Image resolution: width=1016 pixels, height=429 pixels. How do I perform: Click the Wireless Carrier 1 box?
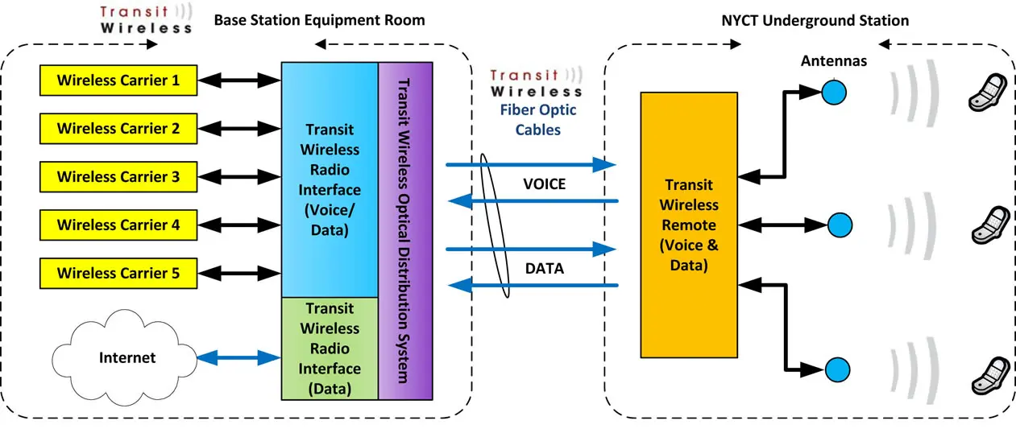(118, 80)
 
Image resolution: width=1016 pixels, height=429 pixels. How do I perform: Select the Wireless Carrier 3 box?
(118, 176)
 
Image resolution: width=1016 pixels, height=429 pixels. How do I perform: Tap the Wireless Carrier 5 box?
(118, 273)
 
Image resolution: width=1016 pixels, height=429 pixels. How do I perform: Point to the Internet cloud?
(126, 357)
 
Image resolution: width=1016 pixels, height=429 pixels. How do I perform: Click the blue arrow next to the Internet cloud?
(239, 357)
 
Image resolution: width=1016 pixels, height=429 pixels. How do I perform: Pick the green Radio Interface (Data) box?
(329, 349)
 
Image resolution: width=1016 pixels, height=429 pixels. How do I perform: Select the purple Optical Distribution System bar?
(405, 230)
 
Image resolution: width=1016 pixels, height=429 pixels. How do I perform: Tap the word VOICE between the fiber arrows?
(545, 184)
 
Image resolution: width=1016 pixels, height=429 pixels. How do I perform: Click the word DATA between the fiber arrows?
(545, 269)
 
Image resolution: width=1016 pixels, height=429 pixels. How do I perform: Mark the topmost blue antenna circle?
(834, 92)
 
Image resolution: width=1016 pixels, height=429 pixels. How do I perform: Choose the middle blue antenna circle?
(839, 223)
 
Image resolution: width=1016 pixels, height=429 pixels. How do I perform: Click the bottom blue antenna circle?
(839, 369)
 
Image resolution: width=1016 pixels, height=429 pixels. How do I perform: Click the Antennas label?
(834, 61)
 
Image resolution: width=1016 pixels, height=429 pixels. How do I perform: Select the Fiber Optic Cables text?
(537, 119)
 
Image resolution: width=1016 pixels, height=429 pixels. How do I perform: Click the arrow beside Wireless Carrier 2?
(239, 128)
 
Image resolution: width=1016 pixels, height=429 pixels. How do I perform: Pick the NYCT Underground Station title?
(815, 20)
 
